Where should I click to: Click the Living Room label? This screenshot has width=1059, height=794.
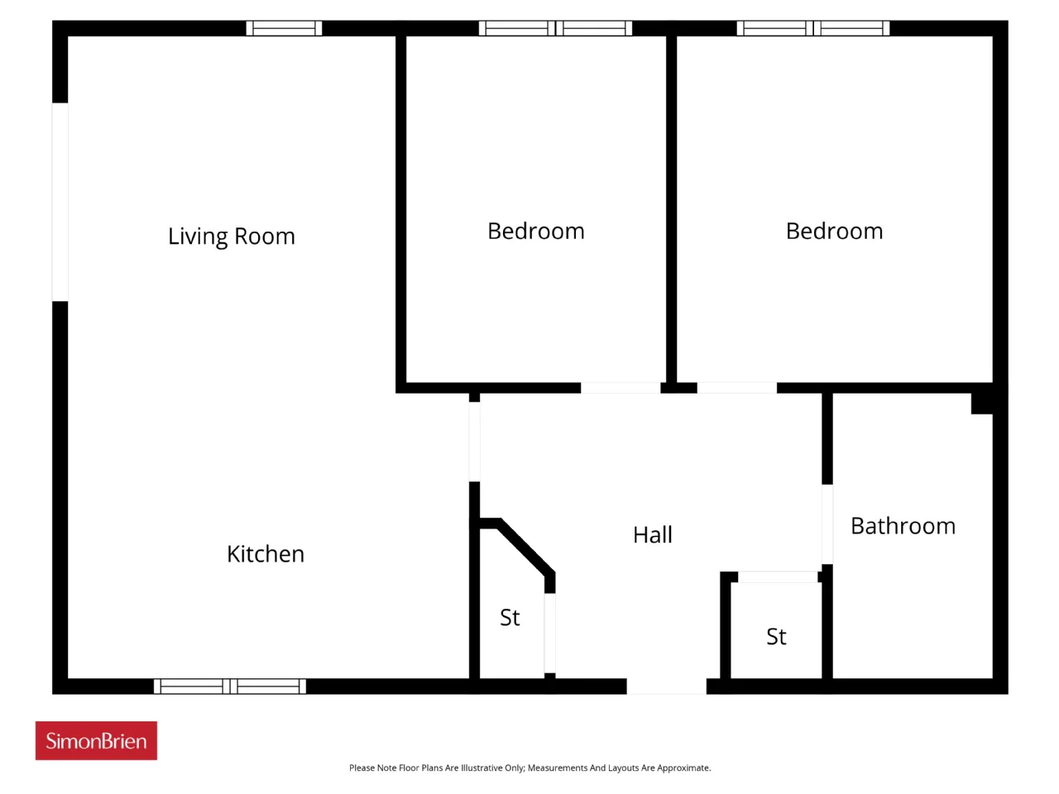point(231,237)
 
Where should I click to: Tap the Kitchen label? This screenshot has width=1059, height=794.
point(266,554)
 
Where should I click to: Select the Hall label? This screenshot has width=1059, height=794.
point(652,535)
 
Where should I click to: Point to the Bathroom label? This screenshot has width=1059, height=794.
point(903,526)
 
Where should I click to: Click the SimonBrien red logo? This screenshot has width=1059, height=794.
point(96,740)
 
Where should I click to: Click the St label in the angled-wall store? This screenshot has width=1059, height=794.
point(510,618)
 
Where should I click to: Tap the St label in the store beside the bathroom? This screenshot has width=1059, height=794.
point(776,637)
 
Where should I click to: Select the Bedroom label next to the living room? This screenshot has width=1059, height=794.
point(535,232)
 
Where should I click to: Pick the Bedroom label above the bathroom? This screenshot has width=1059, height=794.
point(834,232)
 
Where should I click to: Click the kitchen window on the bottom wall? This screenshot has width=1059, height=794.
point(230,686)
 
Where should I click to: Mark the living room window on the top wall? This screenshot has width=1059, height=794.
point(284,28)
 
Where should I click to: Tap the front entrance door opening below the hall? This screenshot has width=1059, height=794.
point(666,686)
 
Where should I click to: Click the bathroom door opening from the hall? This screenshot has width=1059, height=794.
point(827,524)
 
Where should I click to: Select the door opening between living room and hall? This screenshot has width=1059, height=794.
point(474,442)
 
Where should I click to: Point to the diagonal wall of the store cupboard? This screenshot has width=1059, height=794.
point(524,548)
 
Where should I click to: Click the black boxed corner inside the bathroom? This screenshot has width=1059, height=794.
point(982,404)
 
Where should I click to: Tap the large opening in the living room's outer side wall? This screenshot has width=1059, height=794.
point(60,202)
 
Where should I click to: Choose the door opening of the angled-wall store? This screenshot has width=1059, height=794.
point(549,634)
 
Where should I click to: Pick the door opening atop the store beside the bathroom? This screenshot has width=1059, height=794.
point(778,577)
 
